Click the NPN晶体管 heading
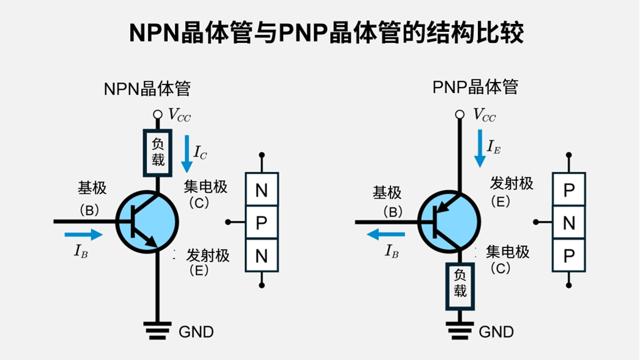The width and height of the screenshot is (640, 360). click(x=147, y=89)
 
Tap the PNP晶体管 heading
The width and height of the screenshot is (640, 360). click(x=475, y=87)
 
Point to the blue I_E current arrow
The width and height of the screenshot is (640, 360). click(x=479, y=149)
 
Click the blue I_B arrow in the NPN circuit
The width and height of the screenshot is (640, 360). click(x=84, y=234)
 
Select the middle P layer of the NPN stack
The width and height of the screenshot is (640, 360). click(x=262, y=222)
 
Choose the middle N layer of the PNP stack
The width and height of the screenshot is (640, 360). click(x=568, y=223)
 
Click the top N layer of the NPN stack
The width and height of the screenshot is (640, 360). click(x=262, y=190)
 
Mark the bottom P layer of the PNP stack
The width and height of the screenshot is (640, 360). click(x=568, y=256)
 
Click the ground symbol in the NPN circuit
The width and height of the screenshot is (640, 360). click(x=158, y=330)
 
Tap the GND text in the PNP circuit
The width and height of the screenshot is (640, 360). click(x=496, y=332)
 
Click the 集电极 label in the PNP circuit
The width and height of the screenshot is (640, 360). click(x=507, y=252)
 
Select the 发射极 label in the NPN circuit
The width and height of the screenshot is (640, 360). click(x=208, y=255)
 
